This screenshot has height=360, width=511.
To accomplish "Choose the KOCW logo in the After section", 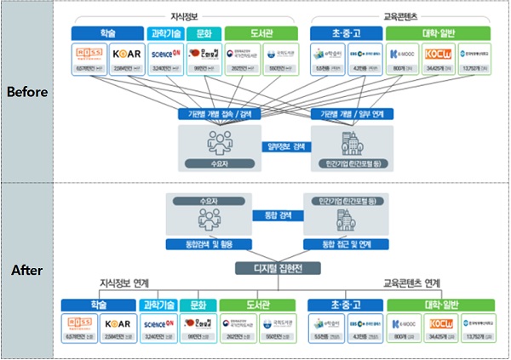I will click(440, 324).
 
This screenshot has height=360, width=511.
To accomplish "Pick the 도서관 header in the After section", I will click(256, 304).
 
